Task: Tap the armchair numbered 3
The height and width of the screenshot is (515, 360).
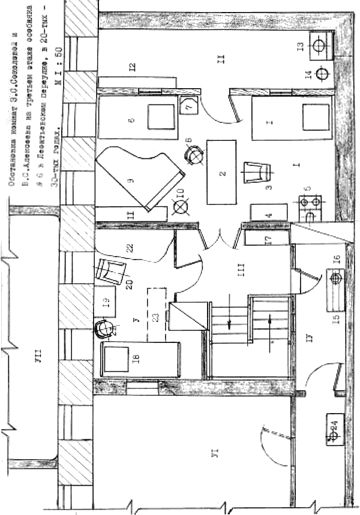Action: [x=257, y=174]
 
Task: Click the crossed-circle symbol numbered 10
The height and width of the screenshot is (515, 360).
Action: [x=179, y=208]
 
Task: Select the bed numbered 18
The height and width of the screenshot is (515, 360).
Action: [x=142, y=359]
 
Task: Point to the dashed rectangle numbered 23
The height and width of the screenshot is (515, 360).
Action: [x=157, y=316]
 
